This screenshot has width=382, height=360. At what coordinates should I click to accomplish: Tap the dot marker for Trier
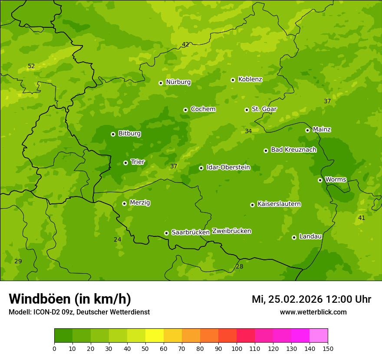pos(126,163)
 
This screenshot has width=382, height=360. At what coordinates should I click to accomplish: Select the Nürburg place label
pos(178,82)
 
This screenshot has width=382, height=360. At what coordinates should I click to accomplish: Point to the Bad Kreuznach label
pos(293,150)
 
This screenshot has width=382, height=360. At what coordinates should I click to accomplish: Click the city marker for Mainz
pos(307,130)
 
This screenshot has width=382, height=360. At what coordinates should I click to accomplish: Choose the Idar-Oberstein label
pos(228,167)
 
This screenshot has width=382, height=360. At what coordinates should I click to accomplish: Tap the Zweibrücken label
pos(231,231)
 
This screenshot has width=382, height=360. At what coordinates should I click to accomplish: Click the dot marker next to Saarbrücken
pos(166,233)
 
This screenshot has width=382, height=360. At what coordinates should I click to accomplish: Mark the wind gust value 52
pos(31,66)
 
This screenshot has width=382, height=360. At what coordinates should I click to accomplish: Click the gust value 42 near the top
pos(185,44)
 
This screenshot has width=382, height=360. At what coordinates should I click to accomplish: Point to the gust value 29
pos(18,261)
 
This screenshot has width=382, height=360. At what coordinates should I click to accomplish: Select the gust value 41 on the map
pos(361,218)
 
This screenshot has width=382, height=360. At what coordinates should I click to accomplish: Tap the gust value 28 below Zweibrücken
pos(240,266)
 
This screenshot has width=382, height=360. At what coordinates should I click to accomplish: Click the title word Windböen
pos(40,299)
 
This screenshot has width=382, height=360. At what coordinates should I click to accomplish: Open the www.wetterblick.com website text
pos(313,312)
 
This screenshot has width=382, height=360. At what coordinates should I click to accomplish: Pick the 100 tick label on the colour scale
pos(237,348)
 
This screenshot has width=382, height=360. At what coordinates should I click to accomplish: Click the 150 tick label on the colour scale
pos(328,348)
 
